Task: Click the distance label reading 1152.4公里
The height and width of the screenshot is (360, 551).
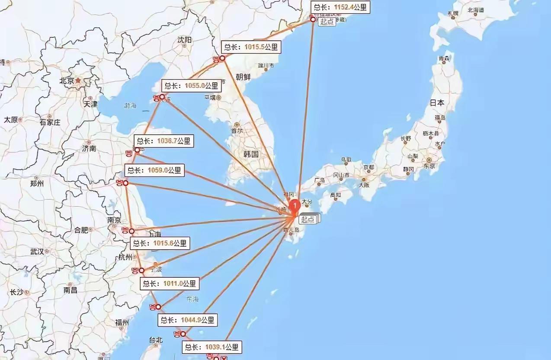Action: (341, 7)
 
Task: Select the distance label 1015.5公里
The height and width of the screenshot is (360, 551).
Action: (251, 47)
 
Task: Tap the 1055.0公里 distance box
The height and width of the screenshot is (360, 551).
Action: (191, 86)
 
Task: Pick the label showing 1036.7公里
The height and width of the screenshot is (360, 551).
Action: (163, 141)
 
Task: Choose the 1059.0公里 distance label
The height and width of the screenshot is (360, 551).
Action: (154, 170)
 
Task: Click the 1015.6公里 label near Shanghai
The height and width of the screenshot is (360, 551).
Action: (160, 243)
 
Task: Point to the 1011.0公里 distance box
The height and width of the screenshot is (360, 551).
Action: (170, 284)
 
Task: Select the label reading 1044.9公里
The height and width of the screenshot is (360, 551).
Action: (187, 320)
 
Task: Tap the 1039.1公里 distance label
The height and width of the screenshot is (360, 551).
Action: (211, 347)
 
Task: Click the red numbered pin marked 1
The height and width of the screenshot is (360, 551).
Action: (295, 206)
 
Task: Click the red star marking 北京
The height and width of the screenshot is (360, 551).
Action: (78, 80)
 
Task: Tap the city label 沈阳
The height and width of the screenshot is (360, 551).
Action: (184, 40)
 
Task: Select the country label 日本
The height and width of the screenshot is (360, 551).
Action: (437, 103)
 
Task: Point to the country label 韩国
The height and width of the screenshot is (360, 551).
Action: (251, 154)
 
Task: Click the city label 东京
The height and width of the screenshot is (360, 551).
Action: (429, 166)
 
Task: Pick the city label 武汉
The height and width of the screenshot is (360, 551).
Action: (37, 251)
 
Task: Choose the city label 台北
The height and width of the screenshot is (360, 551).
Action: (155, 340)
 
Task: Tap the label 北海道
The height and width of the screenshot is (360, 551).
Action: (476, 10)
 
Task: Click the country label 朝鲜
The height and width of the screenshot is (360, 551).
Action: (243, 77)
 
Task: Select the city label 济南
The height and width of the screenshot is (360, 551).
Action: (89, 148)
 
